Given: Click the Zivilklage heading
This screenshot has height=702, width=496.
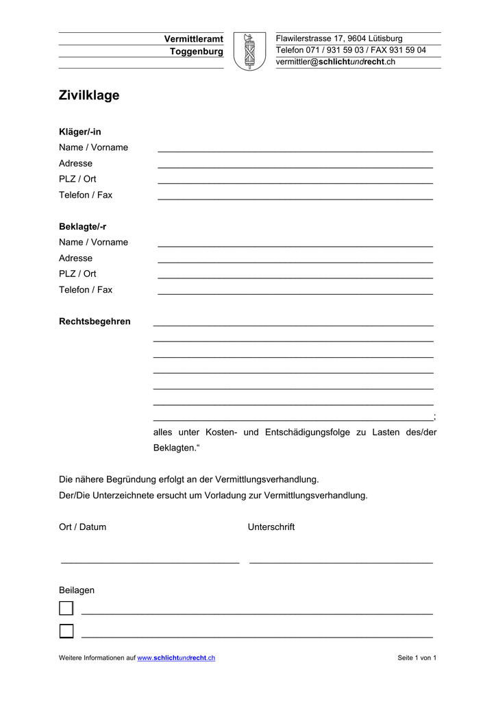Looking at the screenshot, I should (89, 95).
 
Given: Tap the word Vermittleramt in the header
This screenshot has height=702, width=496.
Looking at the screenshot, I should (194, 38).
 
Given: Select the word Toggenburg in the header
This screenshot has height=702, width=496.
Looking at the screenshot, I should (197, 51).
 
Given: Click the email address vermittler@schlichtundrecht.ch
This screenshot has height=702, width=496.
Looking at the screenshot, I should (336, 62).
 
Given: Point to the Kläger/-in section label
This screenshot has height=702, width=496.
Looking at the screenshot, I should (79, 132).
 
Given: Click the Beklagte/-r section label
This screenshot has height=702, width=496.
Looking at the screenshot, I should (82, 226).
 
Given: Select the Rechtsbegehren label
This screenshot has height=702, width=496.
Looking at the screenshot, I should (95, 322).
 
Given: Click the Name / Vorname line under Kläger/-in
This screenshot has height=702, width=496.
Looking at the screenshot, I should (295, 149).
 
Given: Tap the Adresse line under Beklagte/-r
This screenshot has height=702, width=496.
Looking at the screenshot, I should (295, 260).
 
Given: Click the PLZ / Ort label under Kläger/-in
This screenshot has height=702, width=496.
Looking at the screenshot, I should (77, 179).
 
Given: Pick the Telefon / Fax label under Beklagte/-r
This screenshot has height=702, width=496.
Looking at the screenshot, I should (86, 289).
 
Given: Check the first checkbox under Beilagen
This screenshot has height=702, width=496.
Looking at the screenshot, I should (66, 608).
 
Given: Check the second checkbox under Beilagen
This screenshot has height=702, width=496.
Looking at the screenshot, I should (66, 631).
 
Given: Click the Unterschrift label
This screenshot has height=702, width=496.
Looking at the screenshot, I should (271, 527).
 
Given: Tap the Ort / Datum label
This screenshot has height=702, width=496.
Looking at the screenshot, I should (82, 527).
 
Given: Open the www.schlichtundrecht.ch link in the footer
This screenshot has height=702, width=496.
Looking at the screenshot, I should (176, 658).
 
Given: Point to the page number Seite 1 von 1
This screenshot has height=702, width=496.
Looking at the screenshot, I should (417, 658).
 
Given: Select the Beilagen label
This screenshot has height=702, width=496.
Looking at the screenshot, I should (77, 590).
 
